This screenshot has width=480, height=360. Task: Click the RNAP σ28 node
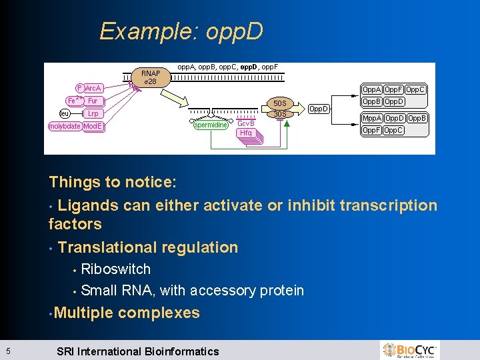point(151,77)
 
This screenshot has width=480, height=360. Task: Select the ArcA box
point(93,88)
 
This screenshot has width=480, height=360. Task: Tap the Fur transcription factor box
point(93,101)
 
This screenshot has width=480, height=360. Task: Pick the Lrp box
point(93,114)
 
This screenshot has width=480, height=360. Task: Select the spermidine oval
point(211,125)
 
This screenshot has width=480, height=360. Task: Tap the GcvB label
point(247,123)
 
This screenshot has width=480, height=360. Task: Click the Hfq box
point(246,133)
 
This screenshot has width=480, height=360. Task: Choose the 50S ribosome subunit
point(280,103)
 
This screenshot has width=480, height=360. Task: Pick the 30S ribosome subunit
point(280,114)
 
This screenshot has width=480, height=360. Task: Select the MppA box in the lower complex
point(371,118)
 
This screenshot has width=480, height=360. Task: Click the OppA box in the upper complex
point(371,89)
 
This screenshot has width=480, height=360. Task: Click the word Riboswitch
point(115,269)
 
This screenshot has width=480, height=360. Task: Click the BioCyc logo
point(410,350)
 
